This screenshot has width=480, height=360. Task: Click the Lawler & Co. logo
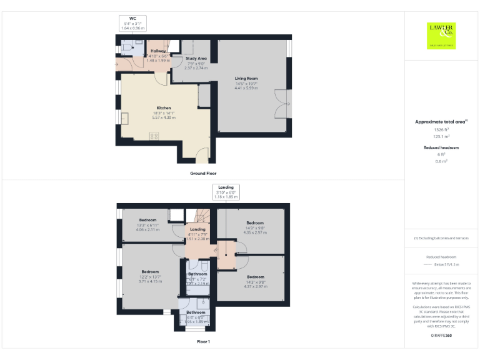pos(441,35)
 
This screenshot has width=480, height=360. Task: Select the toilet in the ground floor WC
pos(125,47)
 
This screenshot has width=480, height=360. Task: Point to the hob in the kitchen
pos(154,136)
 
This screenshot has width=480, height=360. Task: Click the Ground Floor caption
pos(203,173)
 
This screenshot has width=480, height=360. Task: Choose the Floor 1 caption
pos(203,342)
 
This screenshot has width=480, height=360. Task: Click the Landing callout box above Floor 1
pos(226,192)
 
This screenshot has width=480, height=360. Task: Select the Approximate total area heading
pos(441,122)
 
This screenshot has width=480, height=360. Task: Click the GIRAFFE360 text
pos(442,336)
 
